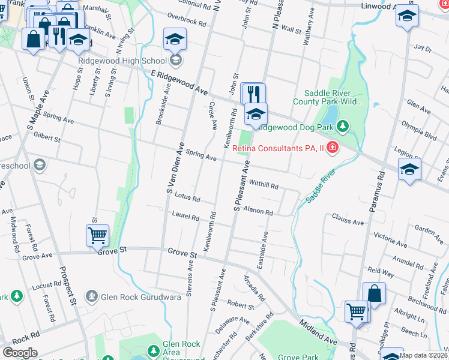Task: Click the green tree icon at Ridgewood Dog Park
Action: (342, 127)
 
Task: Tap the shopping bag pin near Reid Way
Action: (374, 294)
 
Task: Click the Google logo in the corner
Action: (20, 353)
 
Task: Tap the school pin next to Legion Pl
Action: (409, 170)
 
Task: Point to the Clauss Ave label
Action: (348, 222)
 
